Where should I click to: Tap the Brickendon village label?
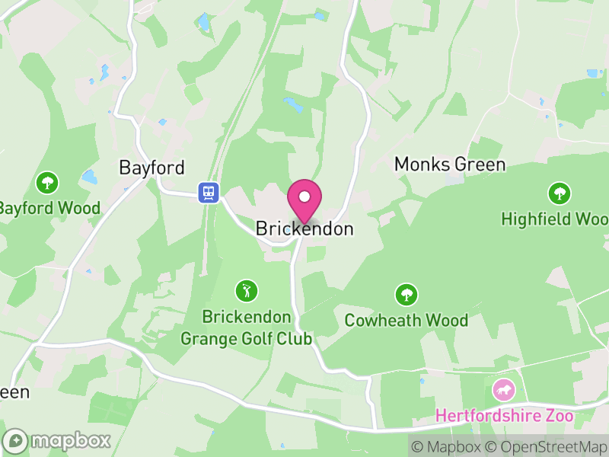[x=304, y=228]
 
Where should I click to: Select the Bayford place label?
[x=152, y=168]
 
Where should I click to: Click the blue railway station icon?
[x=208, y=192]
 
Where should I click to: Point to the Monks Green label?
[x=449, y=165]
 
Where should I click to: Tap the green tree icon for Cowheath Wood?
[x=407, y=295]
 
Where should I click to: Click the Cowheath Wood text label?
[x=407, y=320]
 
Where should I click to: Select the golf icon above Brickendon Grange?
[x=246, y=290]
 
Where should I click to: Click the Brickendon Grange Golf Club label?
[x=246, y=328]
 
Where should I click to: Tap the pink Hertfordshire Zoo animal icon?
[x=503, y=391]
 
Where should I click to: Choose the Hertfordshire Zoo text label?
[x=504, y=417]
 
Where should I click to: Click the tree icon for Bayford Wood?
[x=48, y=183]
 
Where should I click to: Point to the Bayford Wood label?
[x=49, y=208]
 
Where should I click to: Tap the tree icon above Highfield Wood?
[x=560, y=193]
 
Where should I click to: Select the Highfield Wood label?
[x=555, y=219]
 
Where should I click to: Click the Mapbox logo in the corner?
[x=57, y=440]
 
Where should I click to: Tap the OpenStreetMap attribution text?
[x=545, y=446]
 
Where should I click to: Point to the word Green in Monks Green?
[x=480, y=165]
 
